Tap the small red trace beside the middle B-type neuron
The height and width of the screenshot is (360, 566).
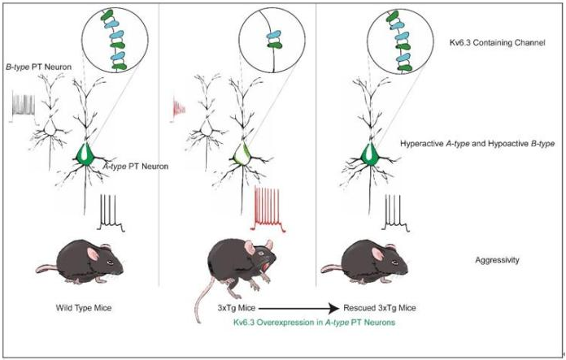pos(181,108)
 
